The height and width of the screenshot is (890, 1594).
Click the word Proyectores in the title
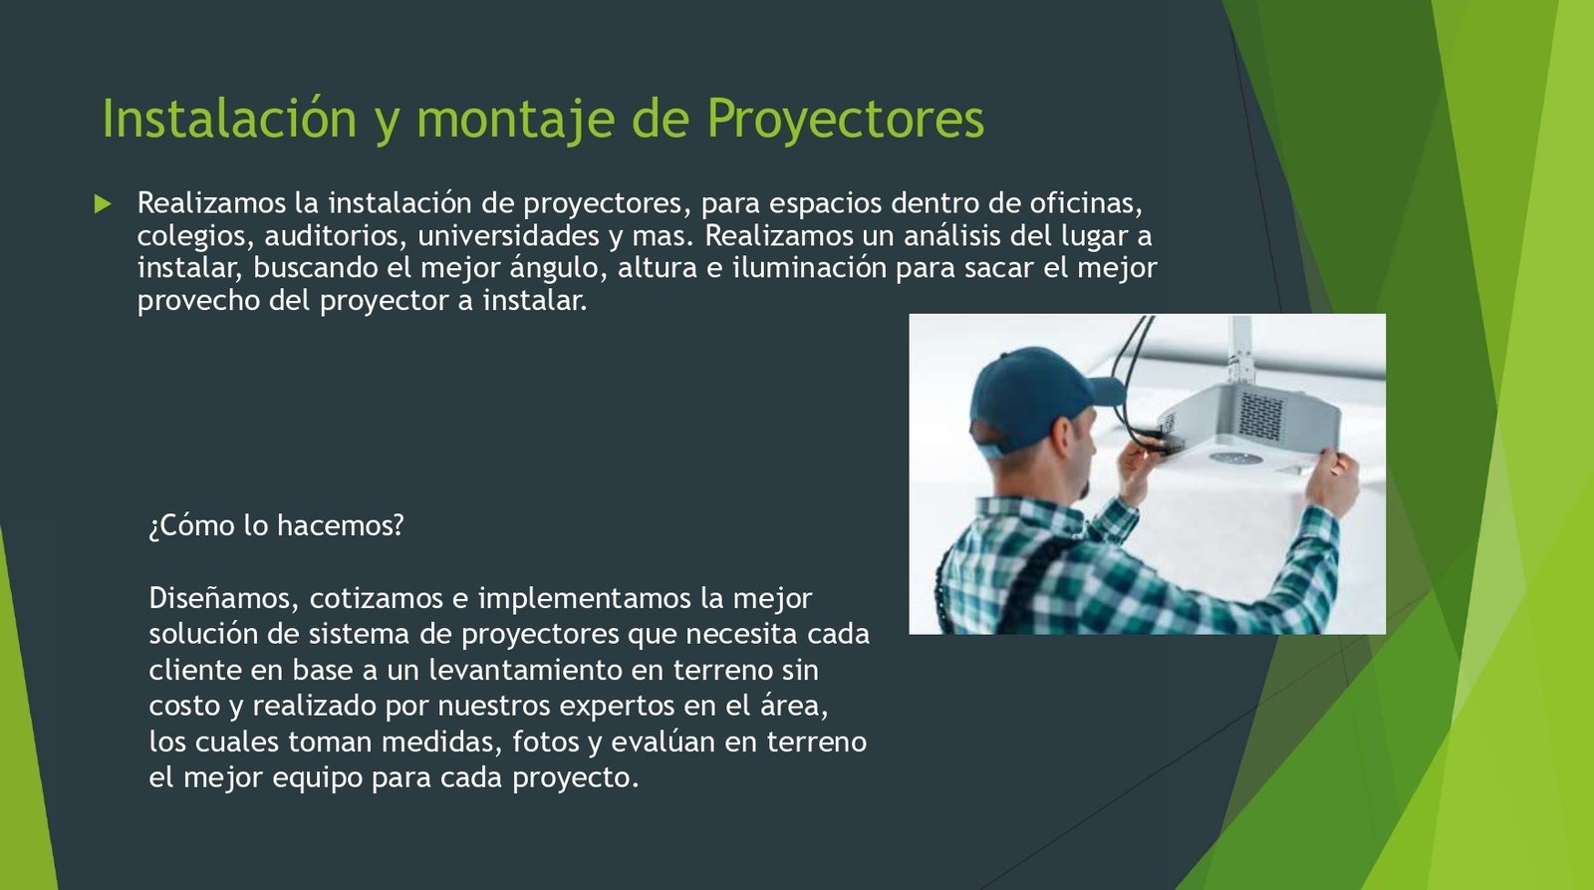846,119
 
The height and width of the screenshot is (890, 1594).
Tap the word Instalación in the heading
229,118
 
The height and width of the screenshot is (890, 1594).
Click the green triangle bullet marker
103,204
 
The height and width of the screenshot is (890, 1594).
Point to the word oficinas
1085,203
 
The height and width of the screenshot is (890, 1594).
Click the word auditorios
333,236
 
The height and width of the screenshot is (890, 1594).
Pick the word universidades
508,235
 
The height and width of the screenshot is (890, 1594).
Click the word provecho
198,301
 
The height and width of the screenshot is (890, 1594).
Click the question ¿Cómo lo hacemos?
276,526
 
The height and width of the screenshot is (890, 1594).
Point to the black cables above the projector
1133,378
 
